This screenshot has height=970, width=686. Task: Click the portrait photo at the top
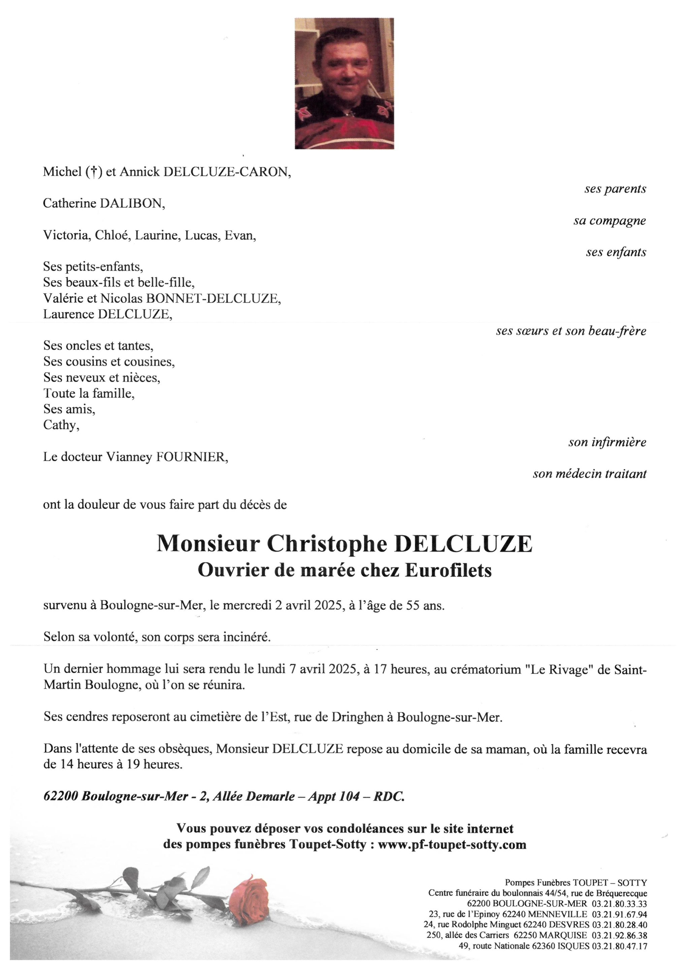(x=344, y=83)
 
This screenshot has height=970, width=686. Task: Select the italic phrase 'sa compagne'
(x=610, y=221)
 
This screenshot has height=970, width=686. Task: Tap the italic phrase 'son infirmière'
(x=607, y=442)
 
